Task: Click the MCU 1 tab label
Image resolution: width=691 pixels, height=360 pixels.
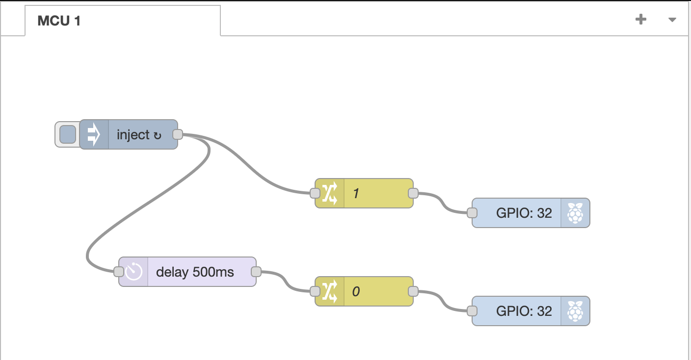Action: point(59,21)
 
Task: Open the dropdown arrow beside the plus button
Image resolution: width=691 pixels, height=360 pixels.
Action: point(672,20)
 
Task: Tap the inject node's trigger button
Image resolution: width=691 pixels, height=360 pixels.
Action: point(67,134)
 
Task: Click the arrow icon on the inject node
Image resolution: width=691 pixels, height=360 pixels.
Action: point(94,134)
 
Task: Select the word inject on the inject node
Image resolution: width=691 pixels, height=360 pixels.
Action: point(133,135)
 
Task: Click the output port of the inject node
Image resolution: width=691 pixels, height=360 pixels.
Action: point(178,134)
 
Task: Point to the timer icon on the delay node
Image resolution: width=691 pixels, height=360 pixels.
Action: point(133,272)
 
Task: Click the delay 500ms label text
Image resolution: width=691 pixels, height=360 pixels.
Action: point(195,272)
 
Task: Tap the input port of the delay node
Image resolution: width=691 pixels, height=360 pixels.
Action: point(118,272)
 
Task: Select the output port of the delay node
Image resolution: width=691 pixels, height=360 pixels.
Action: point(256,272)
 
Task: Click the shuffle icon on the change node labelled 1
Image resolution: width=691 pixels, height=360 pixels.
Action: point(330,193)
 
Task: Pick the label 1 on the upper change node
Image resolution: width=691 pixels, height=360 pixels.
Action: point(356,194)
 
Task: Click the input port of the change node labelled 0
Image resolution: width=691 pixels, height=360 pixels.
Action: point(315,291)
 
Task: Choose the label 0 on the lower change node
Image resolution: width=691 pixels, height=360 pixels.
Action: point(356,292)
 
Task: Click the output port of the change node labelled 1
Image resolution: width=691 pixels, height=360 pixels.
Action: point(413,193)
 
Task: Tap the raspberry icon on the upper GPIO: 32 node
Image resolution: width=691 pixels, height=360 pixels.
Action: point(575,213)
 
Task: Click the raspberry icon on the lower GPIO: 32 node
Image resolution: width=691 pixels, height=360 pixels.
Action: point(575,311)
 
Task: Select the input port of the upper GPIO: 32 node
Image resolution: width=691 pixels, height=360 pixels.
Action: point(472,213)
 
